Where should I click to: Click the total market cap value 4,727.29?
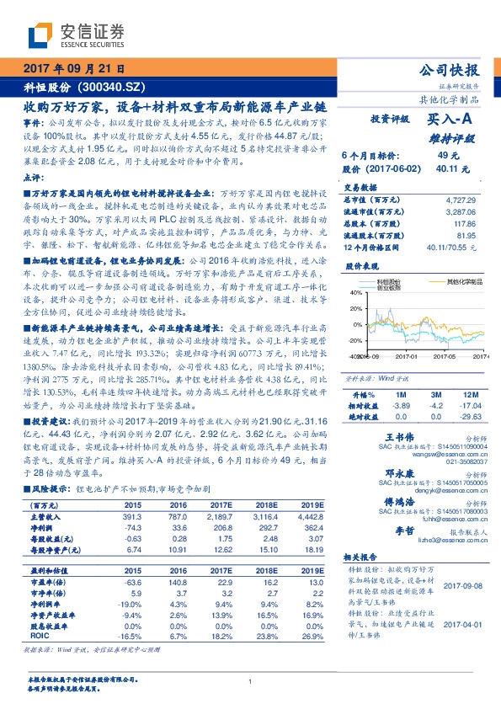(466, 200)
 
